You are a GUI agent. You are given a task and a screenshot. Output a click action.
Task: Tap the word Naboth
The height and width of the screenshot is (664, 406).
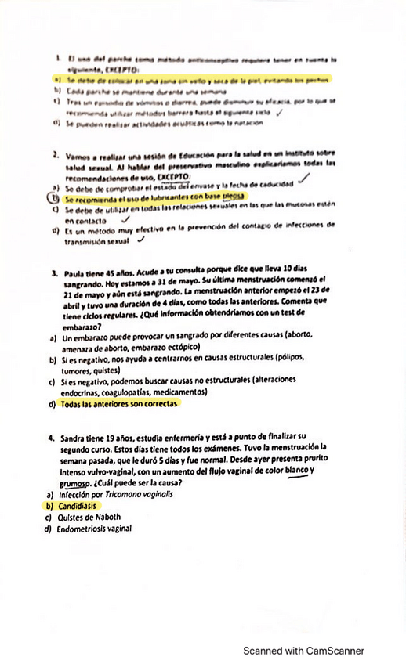point(124,517)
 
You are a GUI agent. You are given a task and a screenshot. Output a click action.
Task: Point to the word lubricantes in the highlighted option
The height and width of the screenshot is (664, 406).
point(145,197)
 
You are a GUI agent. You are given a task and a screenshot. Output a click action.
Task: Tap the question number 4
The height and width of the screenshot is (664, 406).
point(51,438)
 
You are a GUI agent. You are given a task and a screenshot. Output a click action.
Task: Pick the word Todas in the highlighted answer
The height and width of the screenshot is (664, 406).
point(74,404)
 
